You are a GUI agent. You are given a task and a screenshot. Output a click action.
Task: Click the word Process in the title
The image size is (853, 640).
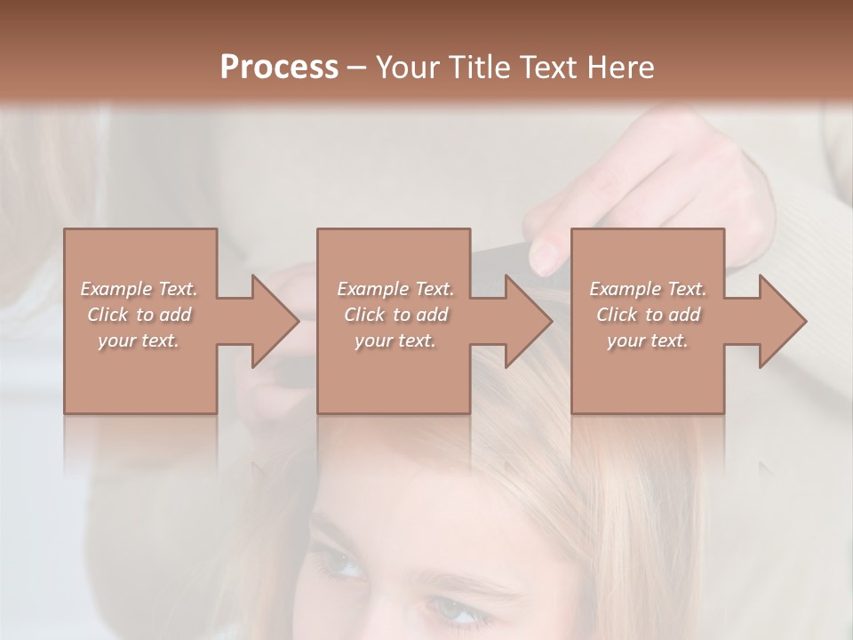279,67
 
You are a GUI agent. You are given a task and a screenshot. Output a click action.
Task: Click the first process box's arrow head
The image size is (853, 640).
275,321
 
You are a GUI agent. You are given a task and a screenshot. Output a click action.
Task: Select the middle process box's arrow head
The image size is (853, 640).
529,321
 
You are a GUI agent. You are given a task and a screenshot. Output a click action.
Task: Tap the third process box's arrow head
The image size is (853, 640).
783,321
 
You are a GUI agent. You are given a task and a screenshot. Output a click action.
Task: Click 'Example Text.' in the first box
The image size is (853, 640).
139,289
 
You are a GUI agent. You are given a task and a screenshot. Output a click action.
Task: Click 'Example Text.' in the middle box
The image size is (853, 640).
395,289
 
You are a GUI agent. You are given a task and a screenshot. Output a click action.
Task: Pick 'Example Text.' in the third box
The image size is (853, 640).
648,289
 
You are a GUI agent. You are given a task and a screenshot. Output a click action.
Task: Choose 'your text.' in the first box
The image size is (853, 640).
139,340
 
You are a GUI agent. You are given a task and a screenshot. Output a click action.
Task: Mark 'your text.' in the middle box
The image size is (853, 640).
395,340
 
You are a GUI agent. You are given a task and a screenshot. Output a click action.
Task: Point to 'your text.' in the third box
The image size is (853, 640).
648,340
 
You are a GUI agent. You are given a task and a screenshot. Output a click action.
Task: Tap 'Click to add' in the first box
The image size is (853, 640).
139,315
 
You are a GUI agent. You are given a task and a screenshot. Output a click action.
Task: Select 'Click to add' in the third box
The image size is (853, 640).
648,315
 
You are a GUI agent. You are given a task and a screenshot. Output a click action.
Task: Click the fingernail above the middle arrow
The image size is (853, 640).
543,258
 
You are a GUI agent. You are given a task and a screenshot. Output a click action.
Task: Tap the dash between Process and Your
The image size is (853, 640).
357,68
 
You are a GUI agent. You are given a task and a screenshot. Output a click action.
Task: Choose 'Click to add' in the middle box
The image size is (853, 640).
395,315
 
